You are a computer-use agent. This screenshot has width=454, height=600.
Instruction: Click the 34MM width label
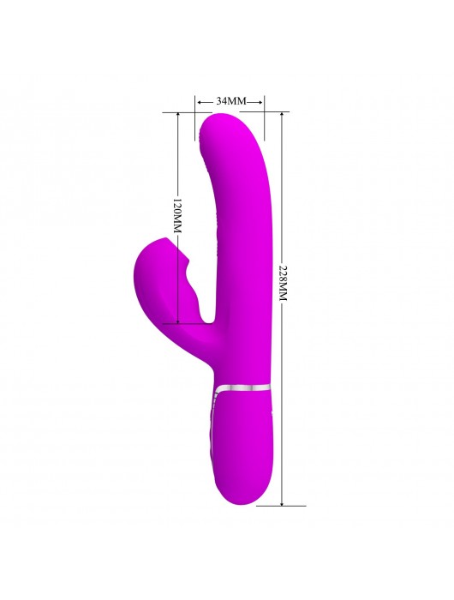(x=231, y=101)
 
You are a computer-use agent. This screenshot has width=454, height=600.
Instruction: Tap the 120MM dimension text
(x=176, y=216)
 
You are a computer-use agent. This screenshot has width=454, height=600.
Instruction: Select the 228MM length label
(x=283, y=282)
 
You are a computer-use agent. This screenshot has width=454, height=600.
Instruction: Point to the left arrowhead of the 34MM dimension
(x=200, y=102)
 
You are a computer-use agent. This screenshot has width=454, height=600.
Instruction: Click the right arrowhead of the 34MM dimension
(x=260, y=102)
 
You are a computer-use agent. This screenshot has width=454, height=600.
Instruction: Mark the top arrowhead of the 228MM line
(x=282, y=116)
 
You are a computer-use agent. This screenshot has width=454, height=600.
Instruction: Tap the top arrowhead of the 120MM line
(x=178, y=116)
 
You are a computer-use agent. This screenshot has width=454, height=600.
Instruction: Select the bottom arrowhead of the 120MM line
(x=178, y=321)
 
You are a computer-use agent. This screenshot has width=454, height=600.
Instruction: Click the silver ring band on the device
(x=242, y=387)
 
